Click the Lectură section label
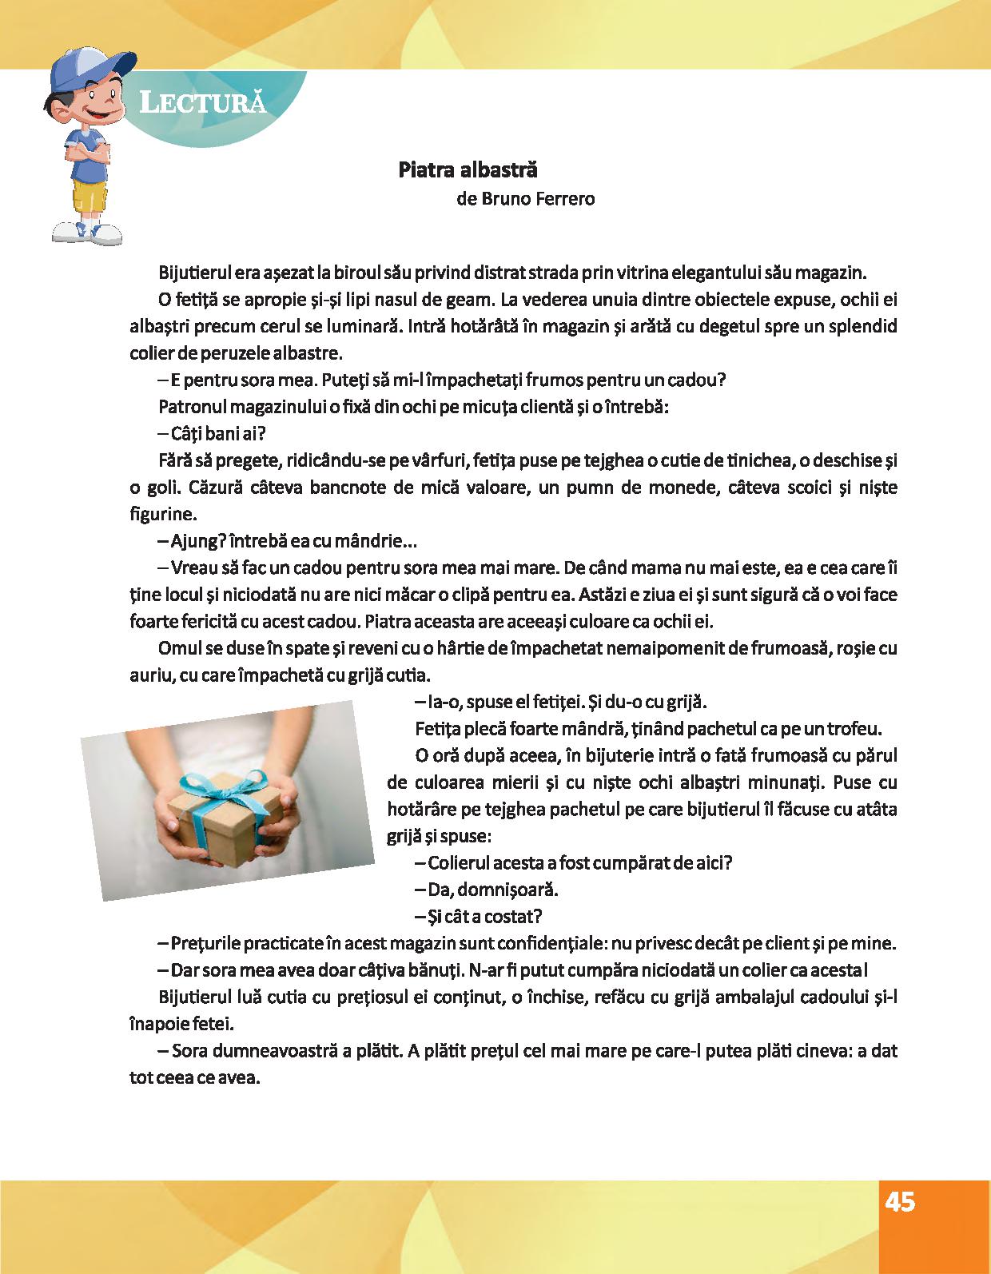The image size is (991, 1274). (x=202, y=102)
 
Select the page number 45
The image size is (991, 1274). (x=900, y=1202)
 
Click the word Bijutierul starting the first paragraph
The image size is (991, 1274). (x=196, y=272)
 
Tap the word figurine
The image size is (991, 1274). (x=162, y=514)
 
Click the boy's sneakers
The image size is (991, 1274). (x=86, y=231)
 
